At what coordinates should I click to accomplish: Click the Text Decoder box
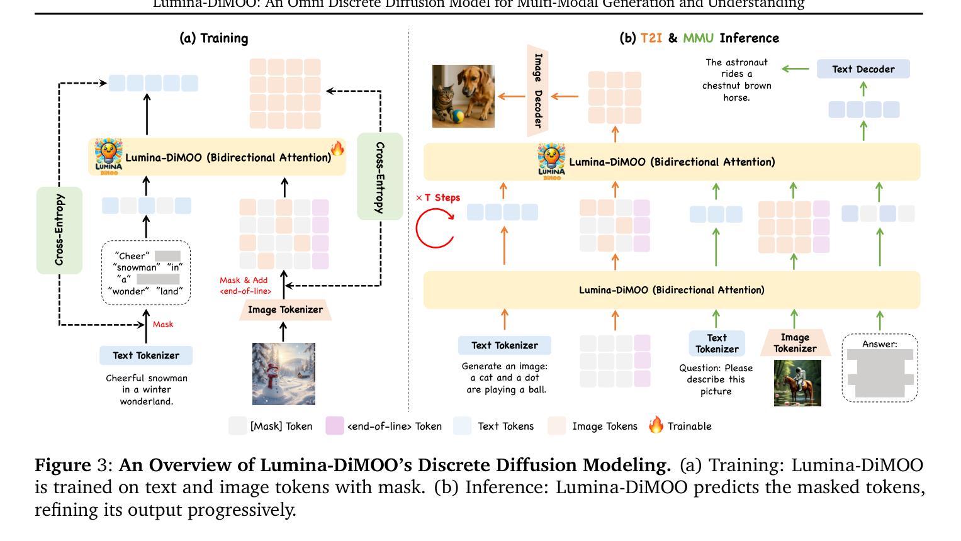point(863,69)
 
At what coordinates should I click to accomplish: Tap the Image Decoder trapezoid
point(537,91)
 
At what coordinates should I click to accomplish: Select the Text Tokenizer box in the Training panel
point(146,355)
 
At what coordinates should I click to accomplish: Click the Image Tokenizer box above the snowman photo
point(284,310)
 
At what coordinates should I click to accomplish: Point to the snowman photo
point(283,374)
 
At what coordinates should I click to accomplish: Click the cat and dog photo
point(463,96)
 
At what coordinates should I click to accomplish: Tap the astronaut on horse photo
point(797,383)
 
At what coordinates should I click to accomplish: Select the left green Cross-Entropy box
point(59,230)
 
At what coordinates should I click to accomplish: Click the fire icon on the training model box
point(337,148)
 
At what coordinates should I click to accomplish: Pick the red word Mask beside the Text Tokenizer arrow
point(162,325)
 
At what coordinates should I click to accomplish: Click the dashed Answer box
point(879,368)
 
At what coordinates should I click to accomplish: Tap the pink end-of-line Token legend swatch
point(334,426)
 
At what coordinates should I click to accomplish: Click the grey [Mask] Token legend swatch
point(237,426)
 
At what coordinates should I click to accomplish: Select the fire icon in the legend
point(656,425)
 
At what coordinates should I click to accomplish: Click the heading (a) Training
point(214,38)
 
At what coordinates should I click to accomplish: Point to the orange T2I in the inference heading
point(651,38)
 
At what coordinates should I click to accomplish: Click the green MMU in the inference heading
point(698,38)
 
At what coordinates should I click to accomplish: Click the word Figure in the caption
point(62,466)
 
